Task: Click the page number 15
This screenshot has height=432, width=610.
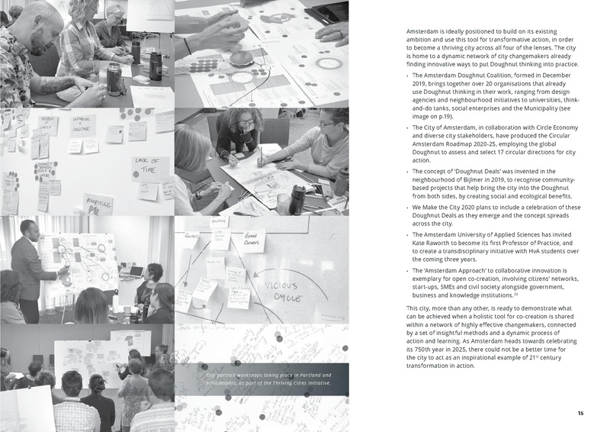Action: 580,413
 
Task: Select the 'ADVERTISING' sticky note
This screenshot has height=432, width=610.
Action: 97,203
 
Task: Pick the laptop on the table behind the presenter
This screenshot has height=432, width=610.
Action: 136,271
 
